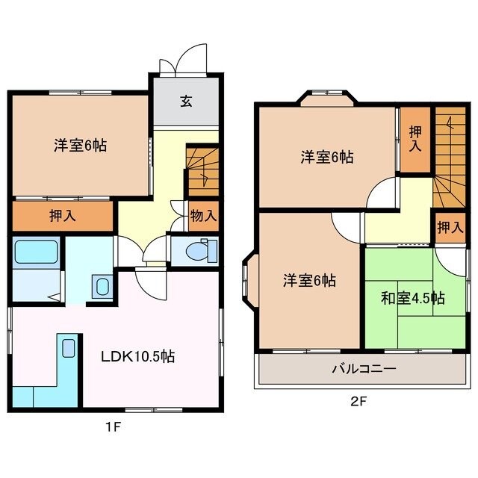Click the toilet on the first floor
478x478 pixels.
(x=198, y=250)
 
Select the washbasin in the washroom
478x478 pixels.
(x=101, y=285)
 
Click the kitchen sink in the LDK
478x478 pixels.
(x=68, y=348)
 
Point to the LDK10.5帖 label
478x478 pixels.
(x=138, y=357)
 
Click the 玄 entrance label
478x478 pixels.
(x=185, y=102)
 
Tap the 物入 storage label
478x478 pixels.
(x=203, y=216)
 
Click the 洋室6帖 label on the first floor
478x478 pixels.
(x=79, y=145)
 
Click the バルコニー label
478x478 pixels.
(x=364, y=368)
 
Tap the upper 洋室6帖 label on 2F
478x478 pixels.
(x=327, y=157)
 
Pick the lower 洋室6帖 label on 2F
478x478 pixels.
(x=308, y=281)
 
